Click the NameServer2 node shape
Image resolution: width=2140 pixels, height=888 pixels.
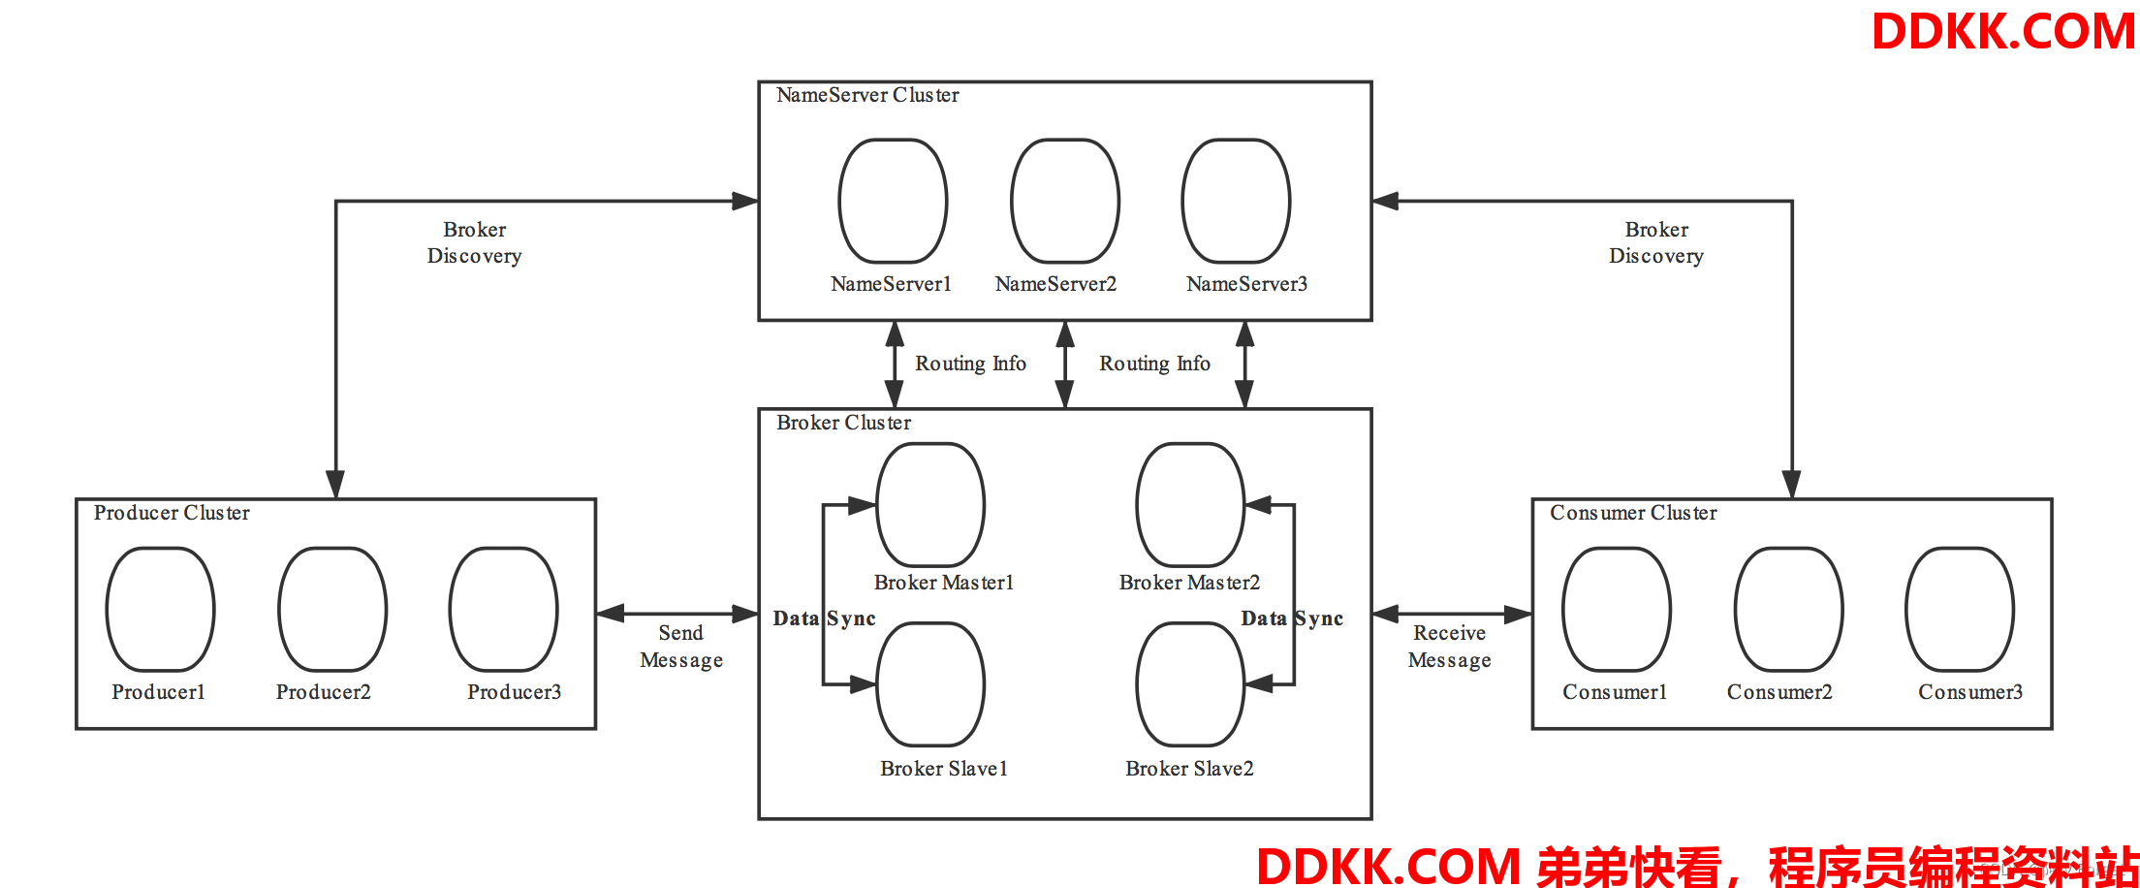click(1064, 201)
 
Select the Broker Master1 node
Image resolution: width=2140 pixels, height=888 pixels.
click(930, 504)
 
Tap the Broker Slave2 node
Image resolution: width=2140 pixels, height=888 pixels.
click(1190, 683)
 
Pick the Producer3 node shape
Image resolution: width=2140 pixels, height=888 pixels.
click(503, 609)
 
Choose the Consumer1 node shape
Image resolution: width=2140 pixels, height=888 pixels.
click(1616, 609)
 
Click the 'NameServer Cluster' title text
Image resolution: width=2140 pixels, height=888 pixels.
click(867, 95)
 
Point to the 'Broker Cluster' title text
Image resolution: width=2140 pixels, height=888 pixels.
click(843, 423)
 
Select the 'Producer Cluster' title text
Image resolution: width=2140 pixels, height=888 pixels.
click(172, 513)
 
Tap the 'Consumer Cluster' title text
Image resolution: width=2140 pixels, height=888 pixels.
click(1633, 513)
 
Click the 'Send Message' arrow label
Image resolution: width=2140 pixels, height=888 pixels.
click(681, 647)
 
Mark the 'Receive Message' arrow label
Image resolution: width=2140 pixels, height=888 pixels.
click(1449, 647)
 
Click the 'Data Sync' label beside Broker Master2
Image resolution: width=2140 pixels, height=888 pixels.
click(1292, 618)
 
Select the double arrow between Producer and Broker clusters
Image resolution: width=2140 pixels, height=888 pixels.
click(677, 614)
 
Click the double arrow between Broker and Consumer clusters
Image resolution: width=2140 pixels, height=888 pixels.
click(1451, 614)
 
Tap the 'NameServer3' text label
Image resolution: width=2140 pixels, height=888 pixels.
click(1246, 284)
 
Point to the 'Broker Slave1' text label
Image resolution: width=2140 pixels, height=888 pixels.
click(944, 769)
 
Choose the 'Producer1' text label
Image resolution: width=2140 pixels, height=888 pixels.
click(158, 692)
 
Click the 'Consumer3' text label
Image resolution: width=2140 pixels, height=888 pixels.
click(1969, 692)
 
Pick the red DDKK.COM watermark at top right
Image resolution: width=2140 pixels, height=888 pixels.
click(2002, 31)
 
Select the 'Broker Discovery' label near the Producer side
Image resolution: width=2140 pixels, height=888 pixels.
click(474, 242)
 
